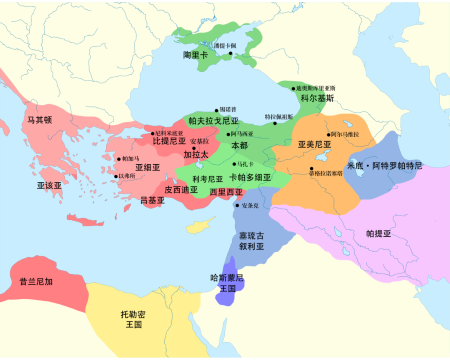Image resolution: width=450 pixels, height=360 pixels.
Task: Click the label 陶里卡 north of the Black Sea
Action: pos(196,56)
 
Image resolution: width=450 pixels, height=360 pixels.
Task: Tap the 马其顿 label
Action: pos(67,120)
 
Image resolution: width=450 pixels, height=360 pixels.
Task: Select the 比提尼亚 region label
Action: pos(169,141)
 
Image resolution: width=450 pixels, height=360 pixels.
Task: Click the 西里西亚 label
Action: pos(226,191)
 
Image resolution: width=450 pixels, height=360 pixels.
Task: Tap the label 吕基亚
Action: pos(152,200)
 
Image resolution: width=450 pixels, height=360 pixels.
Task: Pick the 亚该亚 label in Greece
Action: pos(49,185)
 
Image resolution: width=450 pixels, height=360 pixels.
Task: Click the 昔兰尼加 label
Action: pos(37,282)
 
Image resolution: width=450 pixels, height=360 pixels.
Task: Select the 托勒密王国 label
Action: pos(131,319)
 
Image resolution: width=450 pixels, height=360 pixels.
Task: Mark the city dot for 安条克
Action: pos(236,205)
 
